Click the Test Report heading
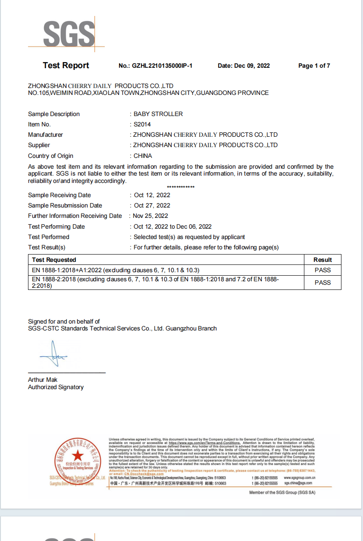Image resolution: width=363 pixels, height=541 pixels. coord(66,66)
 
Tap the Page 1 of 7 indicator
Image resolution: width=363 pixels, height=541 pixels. coord(314,66)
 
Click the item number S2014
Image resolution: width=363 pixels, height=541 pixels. coord(143,125)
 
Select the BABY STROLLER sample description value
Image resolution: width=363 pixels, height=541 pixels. coord(158,114)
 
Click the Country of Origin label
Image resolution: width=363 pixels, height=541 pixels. coord(50,156)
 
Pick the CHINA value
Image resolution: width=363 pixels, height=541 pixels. coord(143,156)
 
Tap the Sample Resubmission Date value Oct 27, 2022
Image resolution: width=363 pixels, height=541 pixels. coord(152,206)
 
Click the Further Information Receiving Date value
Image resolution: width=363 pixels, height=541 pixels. coord(150,216)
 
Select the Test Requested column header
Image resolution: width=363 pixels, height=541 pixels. coord(54,260)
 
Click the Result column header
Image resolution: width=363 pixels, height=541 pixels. coord(322,260)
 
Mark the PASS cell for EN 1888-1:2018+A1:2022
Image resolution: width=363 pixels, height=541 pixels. coord(322,270)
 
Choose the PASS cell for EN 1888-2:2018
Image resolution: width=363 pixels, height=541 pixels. coord(322,283)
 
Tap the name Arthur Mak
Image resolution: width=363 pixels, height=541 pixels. coord(42,380)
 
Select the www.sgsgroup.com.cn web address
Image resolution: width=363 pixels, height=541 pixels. coord(300,478)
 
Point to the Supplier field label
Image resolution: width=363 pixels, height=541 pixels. coord(39,145)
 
